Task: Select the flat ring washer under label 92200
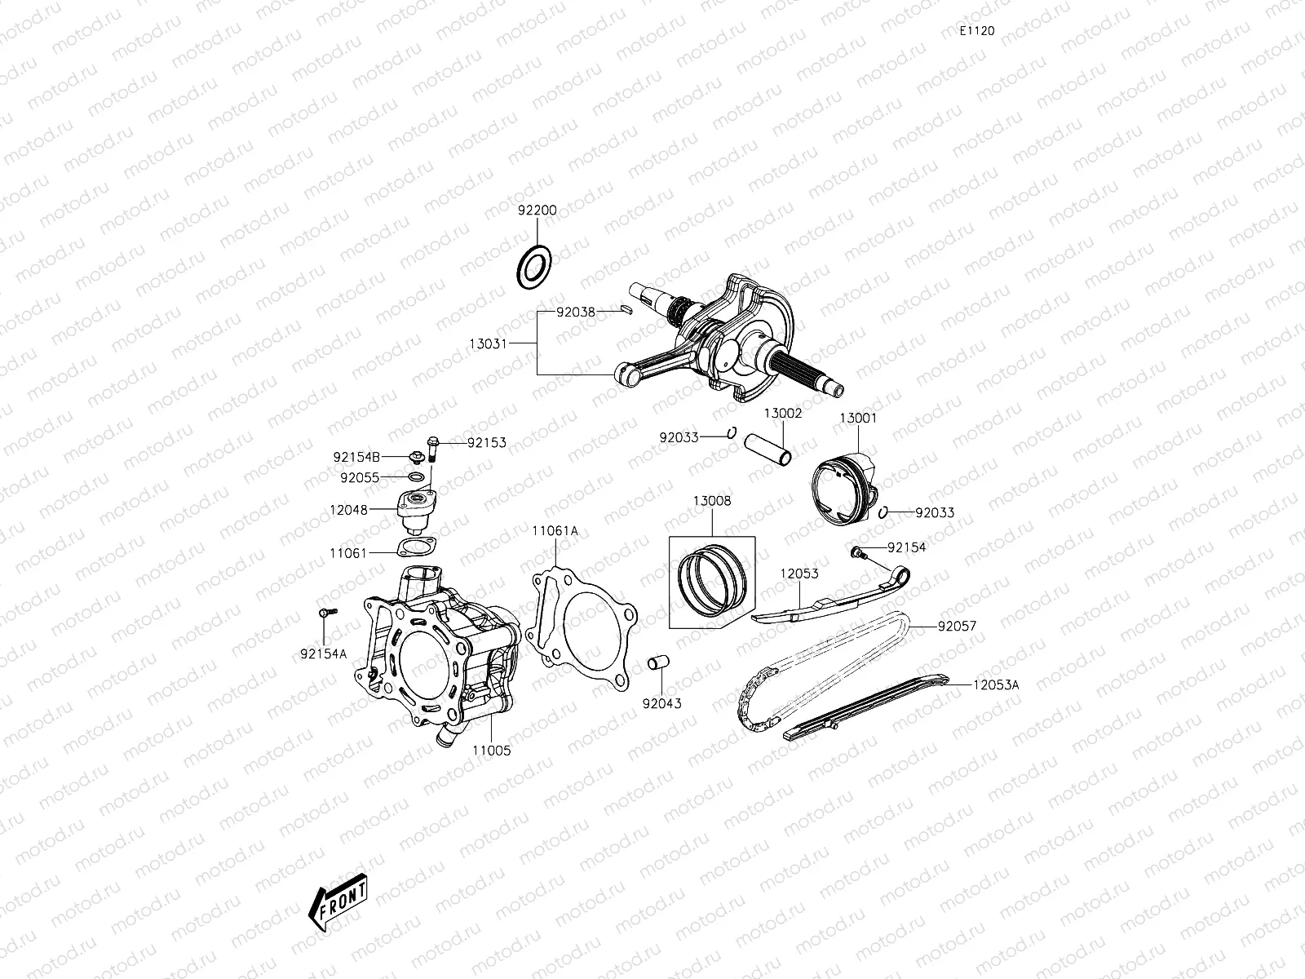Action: [x=534, y=266]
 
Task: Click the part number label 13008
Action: [x=712, y=501]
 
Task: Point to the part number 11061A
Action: [x=555, y=530]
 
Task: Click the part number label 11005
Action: [x=491, y=750]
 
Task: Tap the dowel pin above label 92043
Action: [x=658, y=664]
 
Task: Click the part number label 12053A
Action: [x=996, y=685]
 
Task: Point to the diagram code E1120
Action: [x=976, y=30]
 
